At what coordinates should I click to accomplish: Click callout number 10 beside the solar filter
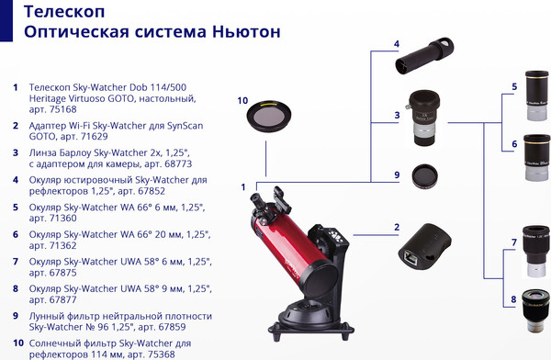tap(243, 101)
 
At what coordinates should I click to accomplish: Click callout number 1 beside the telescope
tap(243, 187)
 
